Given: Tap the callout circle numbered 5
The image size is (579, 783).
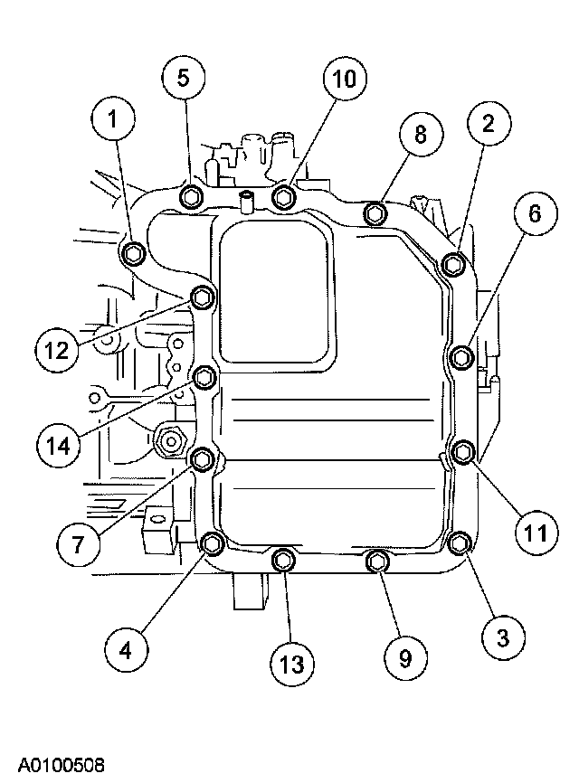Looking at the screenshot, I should [x=184, y=78].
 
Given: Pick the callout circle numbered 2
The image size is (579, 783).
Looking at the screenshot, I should [x=488, y=126].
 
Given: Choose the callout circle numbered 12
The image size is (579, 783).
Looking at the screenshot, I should [x=58, y=348].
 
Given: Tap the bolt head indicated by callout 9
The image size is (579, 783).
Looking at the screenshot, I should [x=376, y=562].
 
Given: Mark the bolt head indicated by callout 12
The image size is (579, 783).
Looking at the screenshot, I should [x=204, y=297].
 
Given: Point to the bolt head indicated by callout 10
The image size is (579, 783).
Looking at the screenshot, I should [x=285, y=197].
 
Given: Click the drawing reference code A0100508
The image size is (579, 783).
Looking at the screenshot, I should [x=53, y=765].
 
